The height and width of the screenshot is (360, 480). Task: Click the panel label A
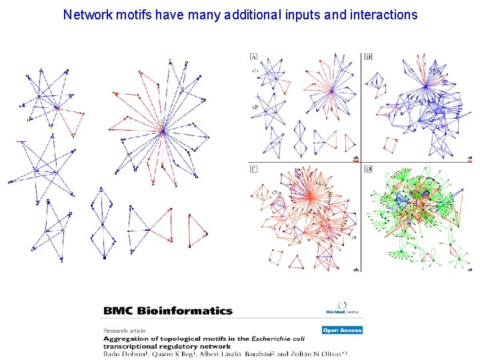[x=254, y=56]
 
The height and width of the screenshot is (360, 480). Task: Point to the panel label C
[x=254, y=169]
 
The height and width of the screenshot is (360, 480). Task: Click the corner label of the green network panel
[x=369, y=169]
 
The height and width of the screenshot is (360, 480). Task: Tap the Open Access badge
[x=342, y=330]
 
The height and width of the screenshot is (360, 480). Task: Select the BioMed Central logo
[x=343, y=311]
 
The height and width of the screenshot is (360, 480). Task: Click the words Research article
[x=123, y=330]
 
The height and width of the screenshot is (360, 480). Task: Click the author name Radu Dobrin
[x=121, y=354]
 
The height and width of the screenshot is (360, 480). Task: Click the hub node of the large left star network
[x=162, y=131]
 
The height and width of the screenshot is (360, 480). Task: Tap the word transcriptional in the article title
[x=126, y=346]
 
